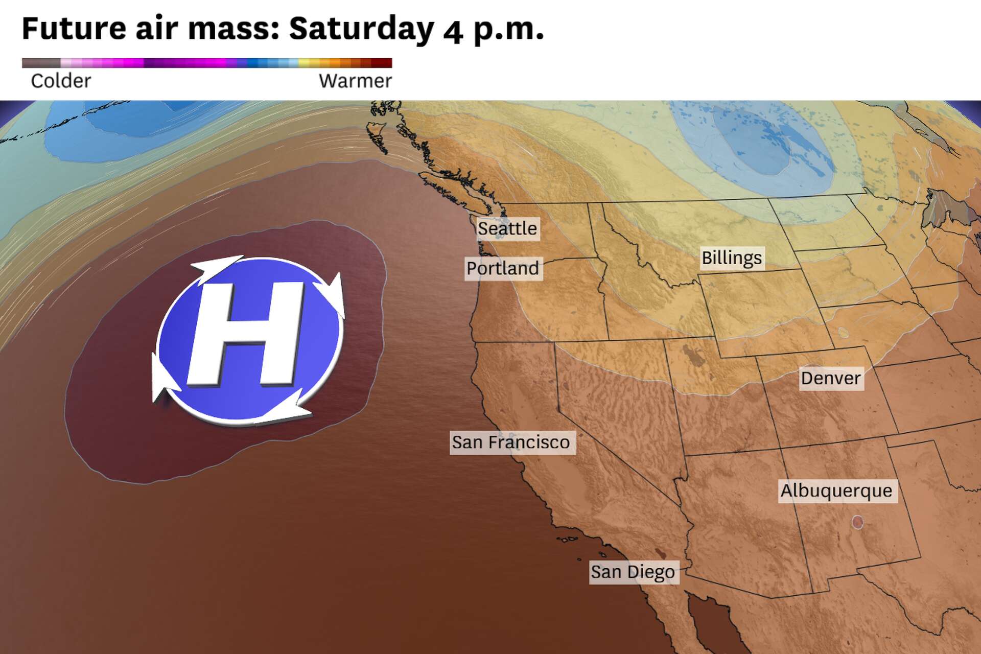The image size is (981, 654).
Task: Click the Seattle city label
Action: click(x=507, y=228)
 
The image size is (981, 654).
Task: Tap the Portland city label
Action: click(x=503, y=268)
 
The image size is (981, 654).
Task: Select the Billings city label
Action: click(x=732, y=258)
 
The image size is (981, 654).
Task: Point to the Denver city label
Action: click(x=831, y=379)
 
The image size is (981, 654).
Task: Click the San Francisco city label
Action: click(x=511, y=442)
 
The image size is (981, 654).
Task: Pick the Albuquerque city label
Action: click(x=836, y=491)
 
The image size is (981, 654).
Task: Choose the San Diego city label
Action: click(x=633, y=572)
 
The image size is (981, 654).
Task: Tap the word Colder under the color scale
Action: click(x=61, y=81)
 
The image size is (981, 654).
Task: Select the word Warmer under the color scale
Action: click(x=355, y=81)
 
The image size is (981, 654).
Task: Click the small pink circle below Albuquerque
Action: click(x=857, y=522)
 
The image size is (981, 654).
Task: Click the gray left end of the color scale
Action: click(x=41, y=63)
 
